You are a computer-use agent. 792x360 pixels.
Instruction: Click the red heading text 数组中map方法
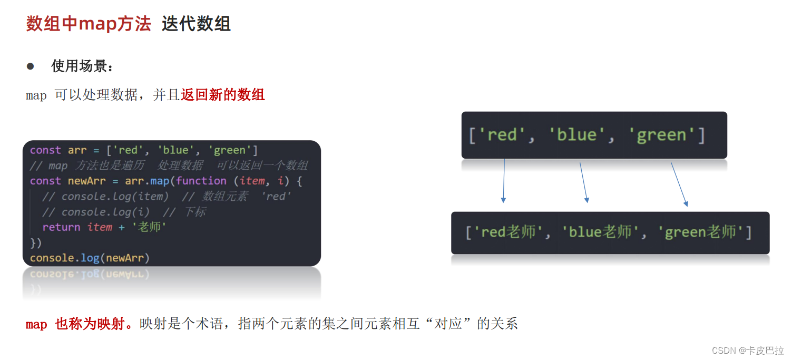(x=89, y=24)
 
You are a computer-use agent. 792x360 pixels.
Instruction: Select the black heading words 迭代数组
(x=196, y=24)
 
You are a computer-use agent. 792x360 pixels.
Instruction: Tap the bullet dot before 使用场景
(x=31, y=66)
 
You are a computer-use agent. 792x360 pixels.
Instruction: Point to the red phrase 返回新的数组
(x=222, y=95)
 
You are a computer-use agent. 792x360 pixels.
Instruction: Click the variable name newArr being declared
(x=86, y=181)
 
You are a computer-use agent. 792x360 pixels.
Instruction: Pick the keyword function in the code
(x=201, y=181)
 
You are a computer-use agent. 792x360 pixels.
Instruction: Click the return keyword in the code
(x=61, y=227)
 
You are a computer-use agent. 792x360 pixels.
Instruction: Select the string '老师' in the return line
(x=149, y=227)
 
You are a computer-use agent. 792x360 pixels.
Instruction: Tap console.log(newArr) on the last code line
(x=90, y=258)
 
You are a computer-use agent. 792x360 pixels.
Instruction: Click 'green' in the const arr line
(x=230, y=150)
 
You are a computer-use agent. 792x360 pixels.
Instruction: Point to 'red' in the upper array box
(x=502, y=135)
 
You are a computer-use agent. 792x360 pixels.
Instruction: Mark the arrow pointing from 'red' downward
(x=504, y=180)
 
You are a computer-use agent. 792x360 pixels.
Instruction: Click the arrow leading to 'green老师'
(x=679, y=184)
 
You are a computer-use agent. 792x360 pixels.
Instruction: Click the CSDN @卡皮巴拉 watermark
(x=747, y=350)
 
